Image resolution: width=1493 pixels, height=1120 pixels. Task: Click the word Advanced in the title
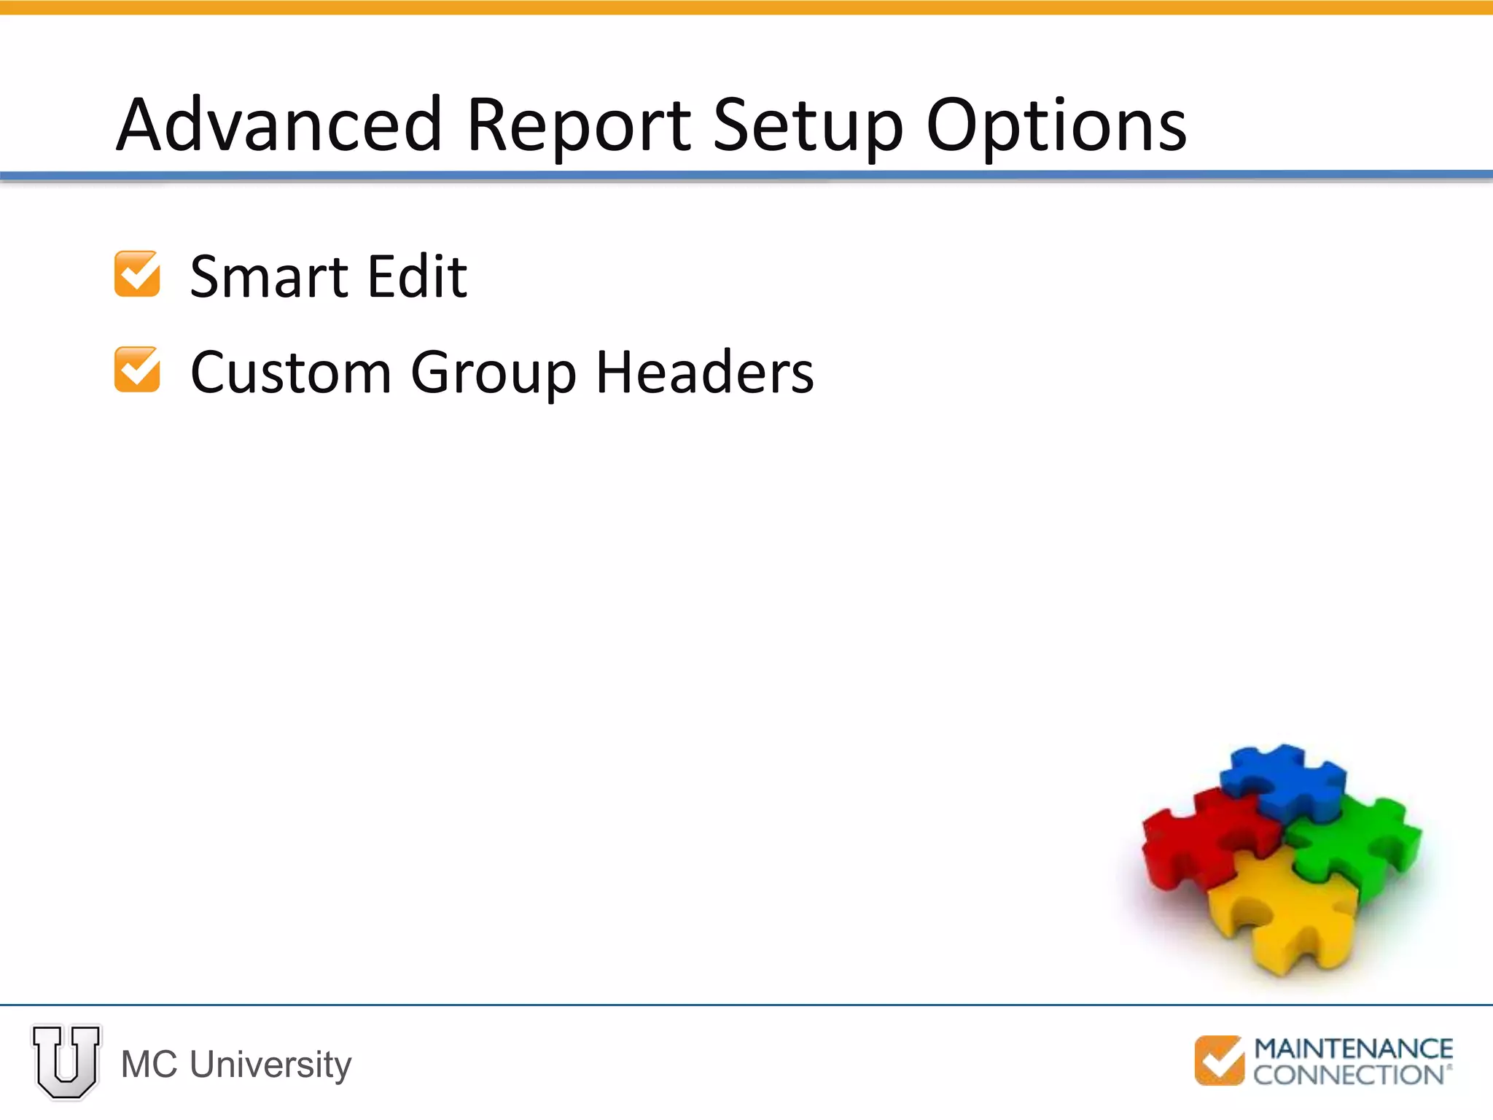click(x=279, y=125)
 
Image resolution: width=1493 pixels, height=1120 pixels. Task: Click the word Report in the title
click(x=578, y=125)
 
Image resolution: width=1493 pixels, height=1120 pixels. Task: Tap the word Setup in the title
click(x=808, y=125)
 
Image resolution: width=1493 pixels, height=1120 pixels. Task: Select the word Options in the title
click(x=1056, y=125)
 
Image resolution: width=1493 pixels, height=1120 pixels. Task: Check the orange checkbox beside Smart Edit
click(x=137, y=274)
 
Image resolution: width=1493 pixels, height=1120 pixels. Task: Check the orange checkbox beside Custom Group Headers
click(x=137, y=370)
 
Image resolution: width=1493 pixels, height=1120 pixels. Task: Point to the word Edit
click(x=417, y=277)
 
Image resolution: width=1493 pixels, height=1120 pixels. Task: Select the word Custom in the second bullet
click(x=290, y=373)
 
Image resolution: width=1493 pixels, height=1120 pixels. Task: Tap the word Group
click(x=494, y=374)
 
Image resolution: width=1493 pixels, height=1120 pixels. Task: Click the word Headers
click(x=705, y=373)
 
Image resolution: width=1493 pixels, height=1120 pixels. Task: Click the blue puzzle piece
click(x=1283, y=780)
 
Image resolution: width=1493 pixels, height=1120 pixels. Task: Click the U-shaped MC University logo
click(x=66, y=1062)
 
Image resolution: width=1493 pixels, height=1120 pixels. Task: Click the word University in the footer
click(x=270, y=1065)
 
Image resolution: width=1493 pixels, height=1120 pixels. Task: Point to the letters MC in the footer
click(x=149, y=1065)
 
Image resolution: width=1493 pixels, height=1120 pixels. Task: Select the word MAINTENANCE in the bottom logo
click(x=1353, y=1049)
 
